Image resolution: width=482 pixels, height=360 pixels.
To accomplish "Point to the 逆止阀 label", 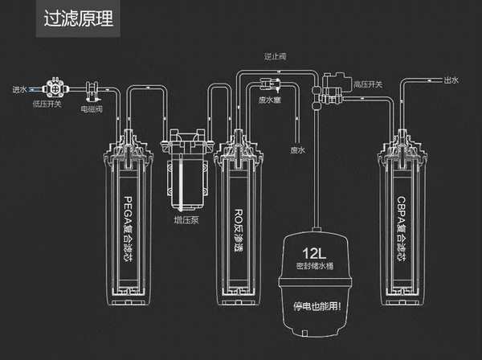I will [276, 57].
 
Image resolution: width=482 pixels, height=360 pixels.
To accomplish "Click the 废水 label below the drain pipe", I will [298, 149].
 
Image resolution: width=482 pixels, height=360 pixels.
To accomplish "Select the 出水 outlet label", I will [451, 80].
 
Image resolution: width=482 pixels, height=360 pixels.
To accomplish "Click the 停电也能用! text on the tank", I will [316, 306].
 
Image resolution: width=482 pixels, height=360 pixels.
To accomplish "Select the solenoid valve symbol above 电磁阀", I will [92, 88].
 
